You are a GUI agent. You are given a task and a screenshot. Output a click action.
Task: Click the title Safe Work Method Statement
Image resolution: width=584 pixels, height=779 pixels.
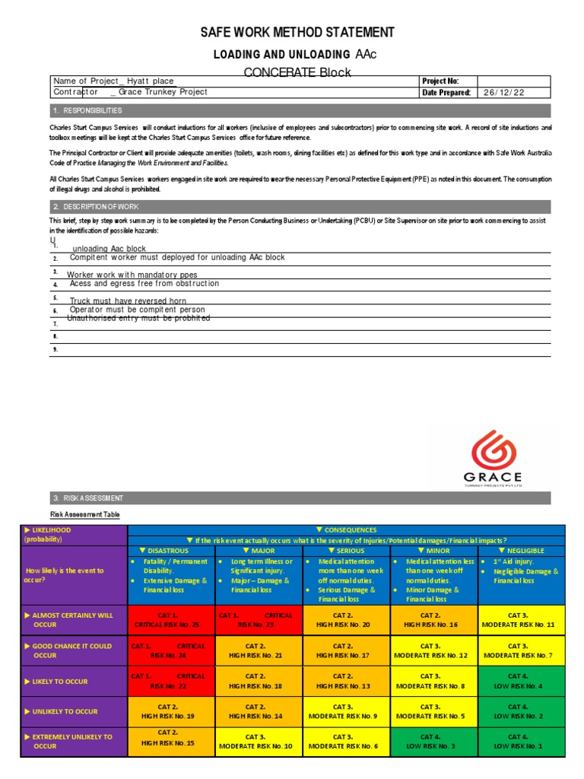point(297,32)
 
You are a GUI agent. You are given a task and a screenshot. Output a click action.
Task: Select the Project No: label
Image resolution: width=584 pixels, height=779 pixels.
point(440,81)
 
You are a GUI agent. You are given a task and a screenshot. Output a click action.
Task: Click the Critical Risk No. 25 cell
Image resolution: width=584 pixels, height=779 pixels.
point(172,619)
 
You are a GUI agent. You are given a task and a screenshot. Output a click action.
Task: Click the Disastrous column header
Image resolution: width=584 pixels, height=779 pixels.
point(172,550)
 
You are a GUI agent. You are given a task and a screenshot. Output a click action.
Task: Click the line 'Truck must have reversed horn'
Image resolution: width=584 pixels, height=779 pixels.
point(128,301)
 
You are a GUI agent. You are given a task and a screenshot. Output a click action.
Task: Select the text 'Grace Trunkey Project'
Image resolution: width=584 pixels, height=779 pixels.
point(163,92)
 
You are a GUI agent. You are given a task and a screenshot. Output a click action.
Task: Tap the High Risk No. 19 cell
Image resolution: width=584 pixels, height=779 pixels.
point(172,711)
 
